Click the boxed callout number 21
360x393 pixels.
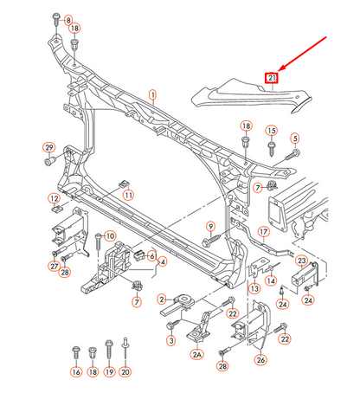click(x=272, y=78)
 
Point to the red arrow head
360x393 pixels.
click(x=281, y=68)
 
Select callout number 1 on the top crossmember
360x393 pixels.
click(x=153, y=95)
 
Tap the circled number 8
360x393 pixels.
click(x=68, y=20)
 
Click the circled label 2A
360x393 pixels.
click(x=196, y=354)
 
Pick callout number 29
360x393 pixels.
click(x=49, y=147)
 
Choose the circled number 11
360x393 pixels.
click(x=128, y=196)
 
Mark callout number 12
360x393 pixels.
click(x=55, y=199)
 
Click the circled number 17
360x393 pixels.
click(x=264, y=232)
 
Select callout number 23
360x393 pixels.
click(x=302, y=261)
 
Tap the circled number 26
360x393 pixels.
click(x=260, y=360)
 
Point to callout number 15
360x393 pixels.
click(x=272, y=131)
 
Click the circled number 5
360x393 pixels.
click(x=295, y=139)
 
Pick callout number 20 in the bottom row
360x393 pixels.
click(x=125, y=372)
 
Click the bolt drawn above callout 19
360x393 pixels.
click(x=109, y=349)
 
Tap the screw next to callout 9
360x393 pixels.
click(x=211, y=240)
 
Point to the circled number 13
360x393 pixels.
click(x=254, y=288)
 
